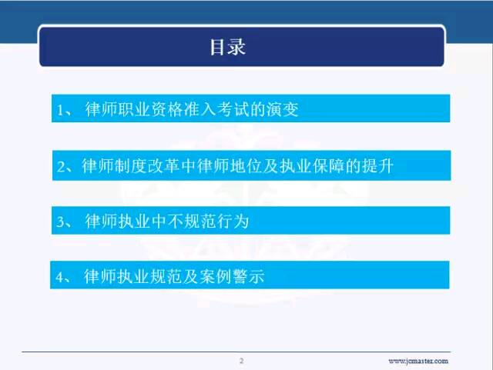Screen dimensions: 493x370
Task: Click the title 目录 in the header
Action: pos(228,47)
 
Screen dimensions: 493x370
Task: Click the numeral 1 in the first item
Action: pos(60,110)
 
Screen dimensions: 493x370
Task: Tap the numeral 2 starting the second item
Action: pos(61,166)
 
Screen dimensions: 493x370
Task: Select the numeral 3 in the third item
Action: pos(60,222)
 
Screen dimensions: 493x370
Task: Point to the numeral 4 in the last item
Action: pos(60,277)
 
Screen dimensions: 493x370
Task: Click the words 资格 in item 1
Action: pos(166,109)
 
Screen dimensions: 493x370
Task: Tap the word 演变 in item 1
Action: pos(283,109)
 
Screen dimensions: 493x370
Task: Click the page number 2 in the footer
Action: pos(241,361)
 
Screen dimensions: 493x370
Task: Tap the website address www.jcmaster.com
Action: pos(418,361)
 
